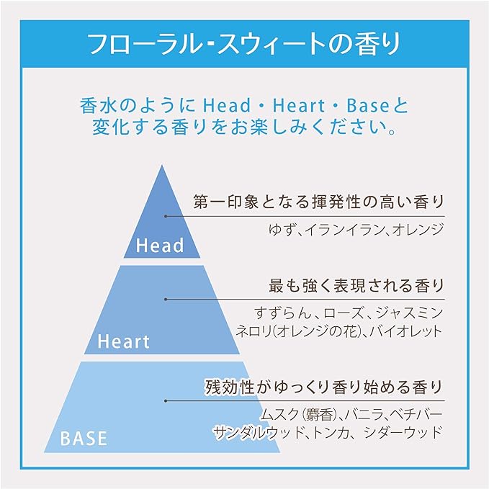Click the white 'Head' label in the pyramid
160,245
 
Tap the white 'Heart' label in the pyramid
123,341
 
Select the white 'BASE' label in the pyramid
84,438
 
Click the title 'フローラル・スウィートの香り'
245,44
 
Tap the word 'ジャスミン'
409,313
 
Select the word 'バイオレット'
407,331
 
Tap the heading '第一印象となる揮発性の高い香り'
319,202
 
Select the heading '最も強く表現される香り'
356,286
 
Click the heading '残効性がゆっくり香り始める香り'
324,387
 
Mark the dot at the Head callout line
166,216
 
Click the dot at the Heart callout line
166,300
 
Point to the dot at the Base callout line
166,401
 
